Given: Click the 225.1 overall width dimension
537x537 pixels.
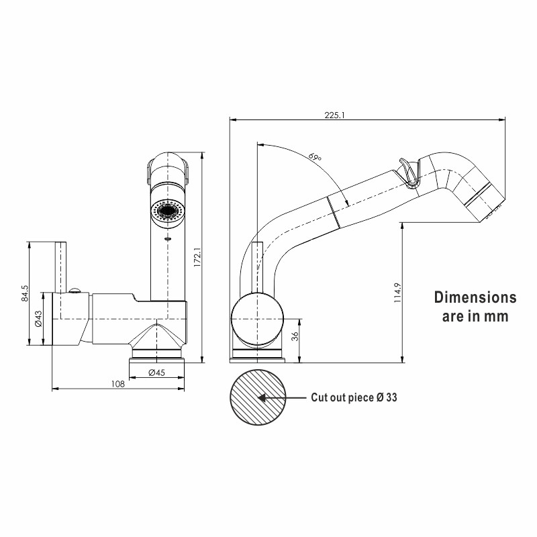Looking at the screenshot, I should click(x=334, y=115).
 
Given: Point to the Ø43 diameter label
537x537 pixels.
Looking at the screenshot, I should click(x=39, y=320).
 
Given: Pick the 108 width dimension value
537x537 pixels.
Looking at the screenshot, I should click(x=117, y=384).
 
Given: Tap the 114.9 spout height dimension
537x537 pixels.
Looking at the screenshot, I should click(x=397, y=293).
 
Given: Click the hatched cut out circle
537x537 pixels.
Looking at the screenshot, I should click(x=257, y=397).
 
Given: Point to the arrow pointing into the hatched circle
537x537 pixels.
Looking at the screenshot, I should click(x=282, y=397).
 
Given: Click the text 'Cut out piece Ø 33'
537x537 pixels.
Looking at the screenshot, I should click(x=354, y=397).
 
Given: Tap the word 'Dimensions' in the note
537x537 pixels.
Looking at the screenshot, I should click(x=475, y=297).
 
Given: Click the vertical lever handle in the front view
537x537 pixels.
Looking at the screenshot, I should click(x=61, y=266).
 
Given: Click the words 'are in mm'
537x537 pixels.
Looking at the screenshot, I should click(x=475, y=315).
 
